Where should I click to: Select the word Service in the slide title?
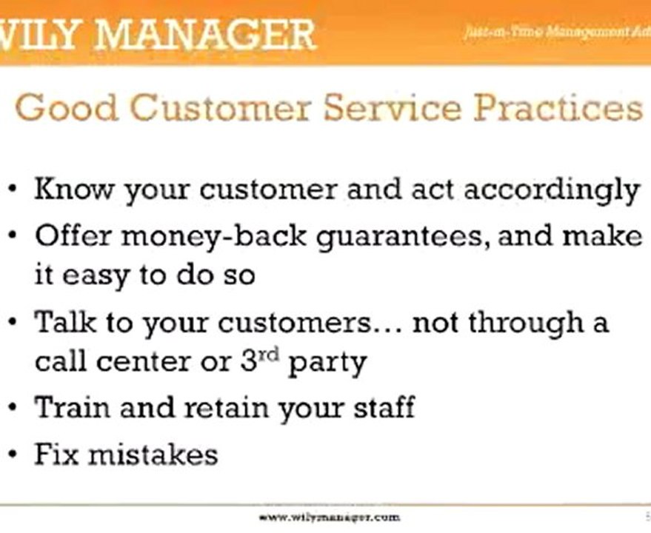tap(391, 108)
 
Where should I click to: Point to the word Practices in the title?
tap(558, 108)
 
